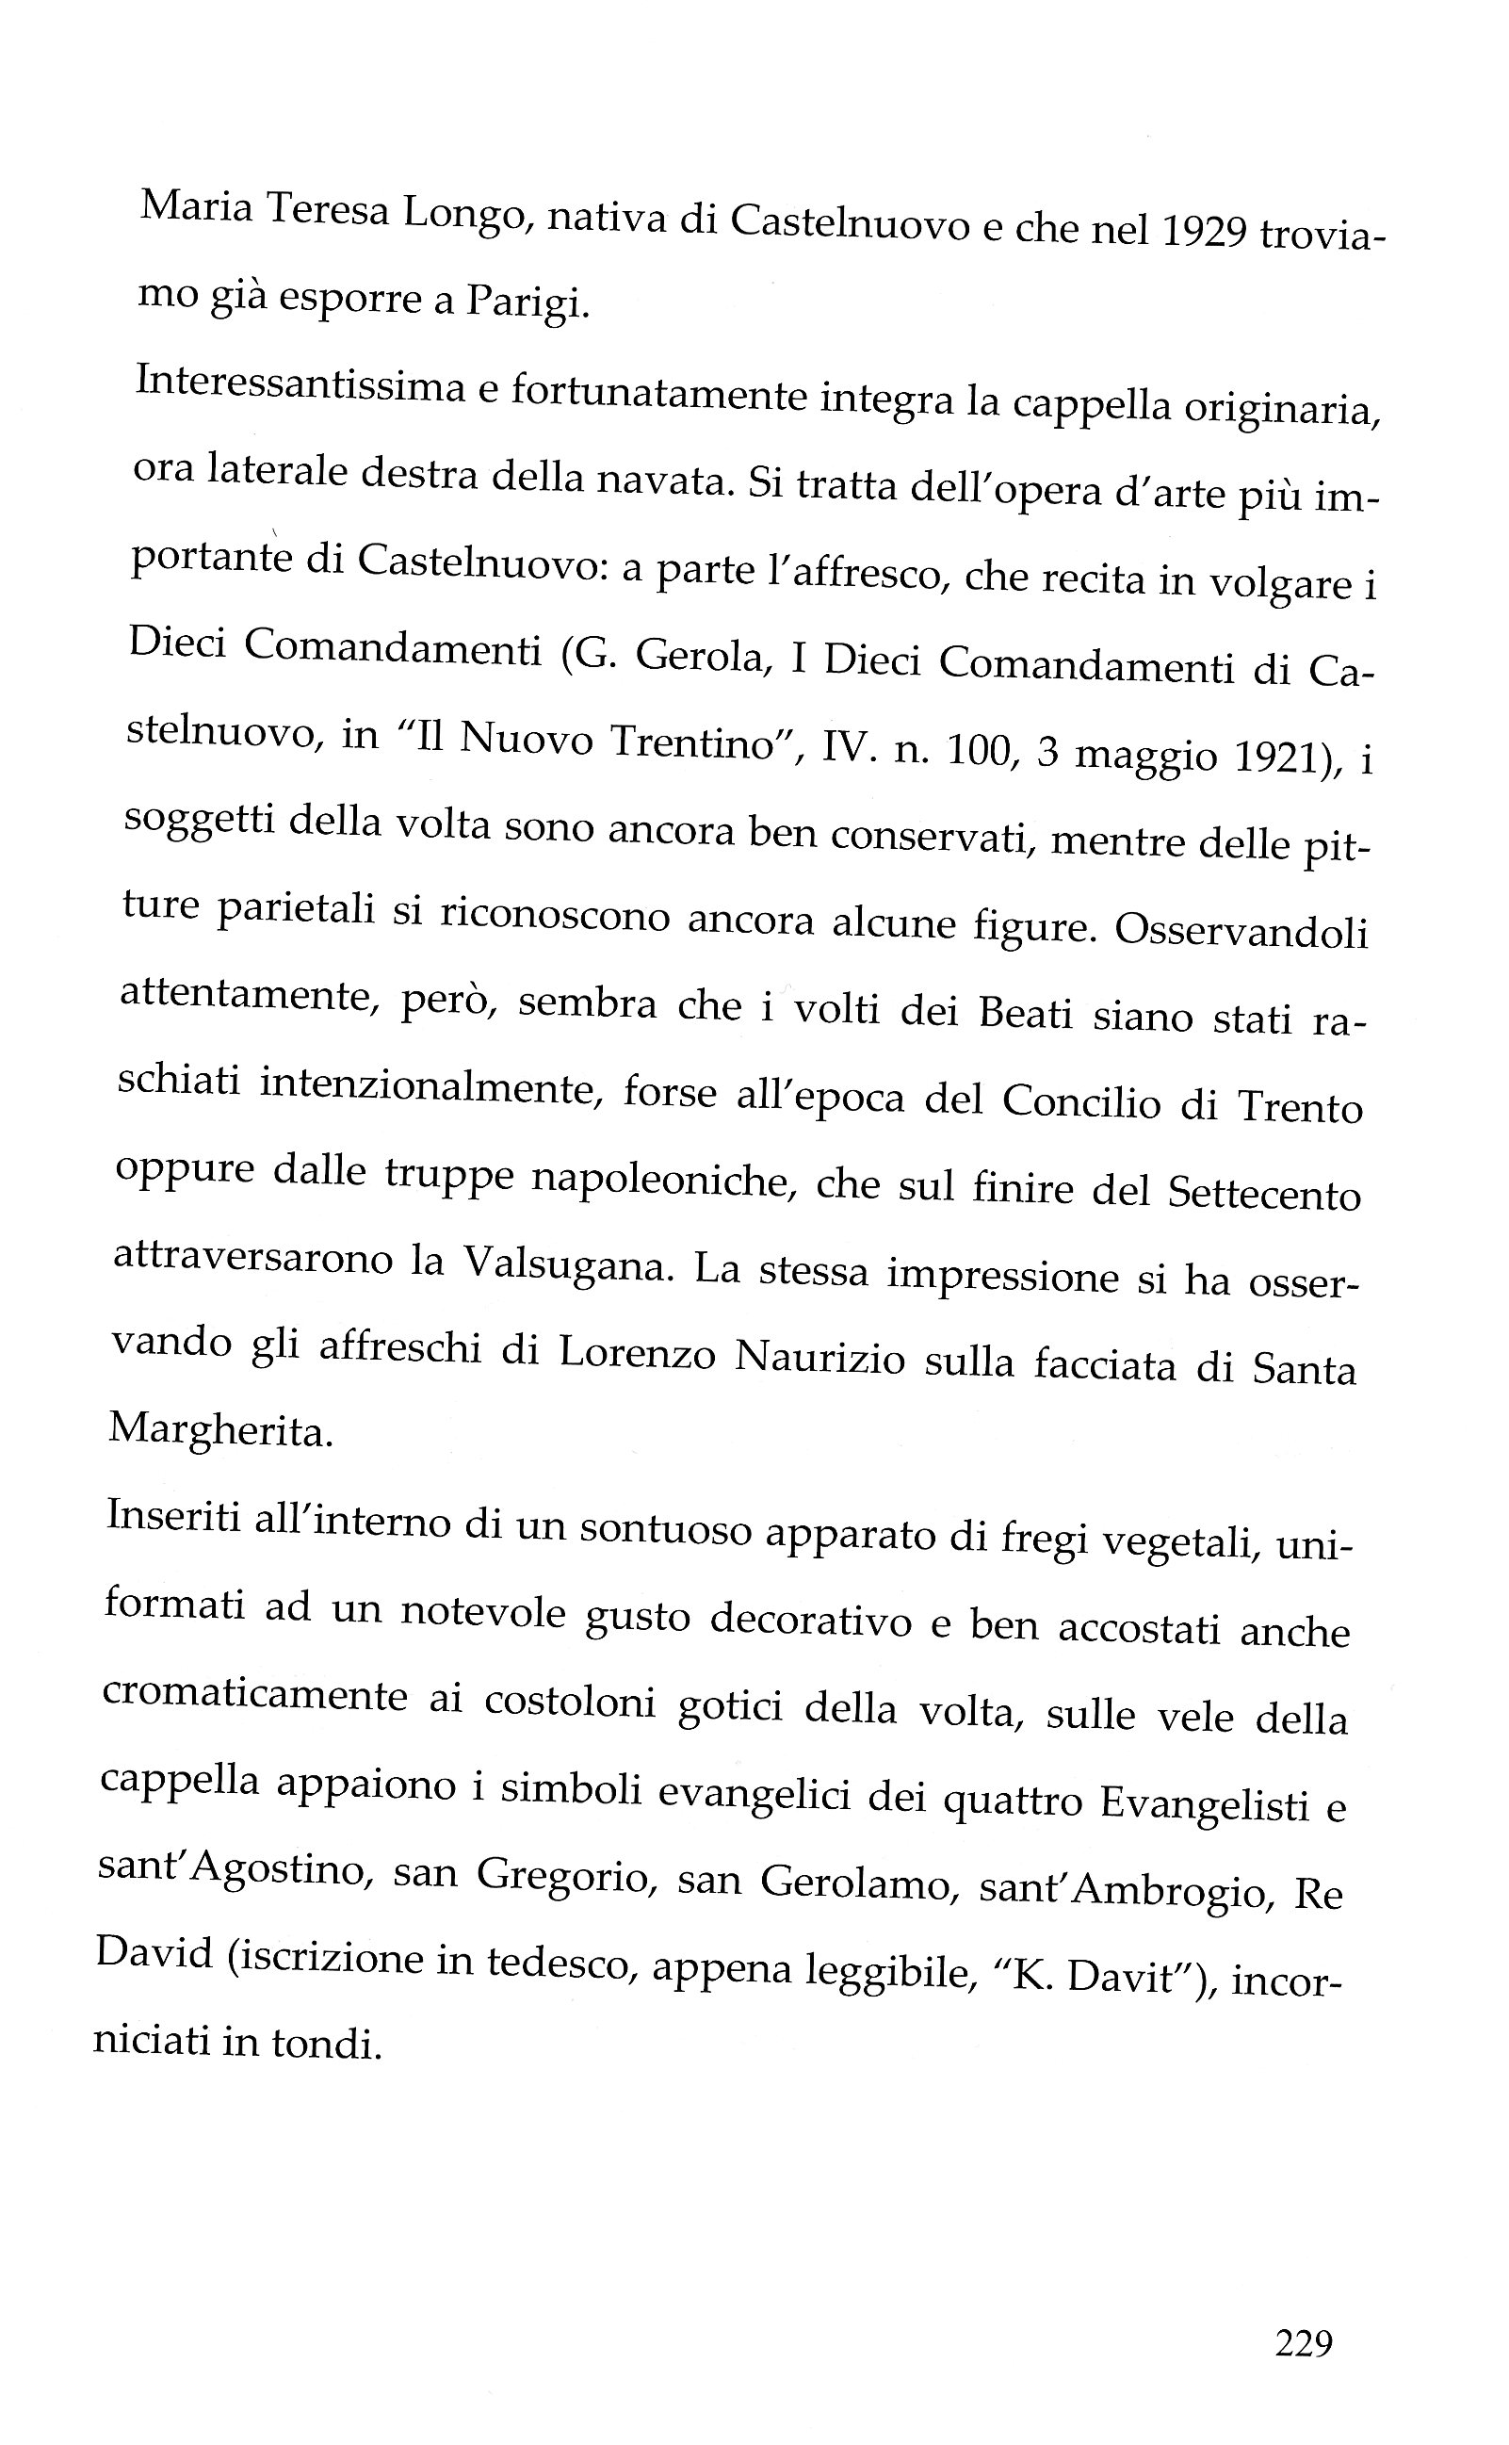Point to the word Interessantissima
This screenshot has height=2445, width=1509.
click(300, 384)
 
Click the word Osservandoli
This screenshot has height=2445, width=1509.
click(1241, 932)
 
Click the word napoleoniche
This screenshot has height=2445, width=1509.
click(663, 1181)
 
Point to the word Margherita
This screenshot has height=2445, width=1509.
click(219, 1432)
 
